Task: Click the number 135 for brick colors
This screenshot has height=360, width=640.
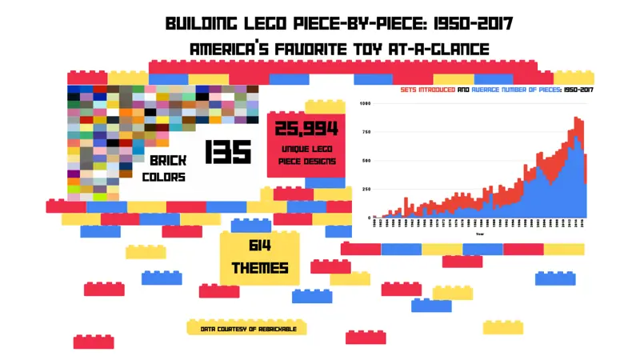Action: pos(228,151)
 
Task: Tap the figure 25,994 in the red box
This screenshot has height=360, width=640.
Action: pos(306,129)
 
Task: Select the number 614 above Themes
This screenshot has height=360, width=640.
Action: pos(260,246)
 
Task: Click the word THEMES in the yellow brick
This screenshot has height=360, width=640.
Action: pos(260,267)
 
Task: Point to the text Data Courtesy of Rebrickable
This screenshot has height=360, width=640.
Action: pos(247,328)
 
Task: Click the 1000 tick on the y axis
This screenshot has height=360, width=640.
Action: pos(366,104)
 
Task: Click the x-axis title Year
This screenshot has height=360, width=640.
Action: pos(480,234)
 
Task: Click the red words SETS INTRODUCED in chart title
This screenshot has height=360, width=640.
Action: pos(427,90)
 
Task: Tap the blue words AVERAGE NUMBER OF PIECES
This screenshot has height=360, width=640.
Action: pos(516,90)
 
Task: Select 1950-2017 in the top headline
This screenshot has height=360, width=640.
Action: pos(472,22)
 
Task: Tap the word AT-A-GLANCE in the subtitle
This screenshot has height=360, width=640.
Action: pos(444,49)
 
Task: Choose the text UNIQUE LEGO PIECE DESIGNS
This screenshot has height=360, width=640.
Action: pos(306,155)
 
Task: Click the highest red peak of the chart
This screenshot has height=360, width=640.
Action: pos(576,118)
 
